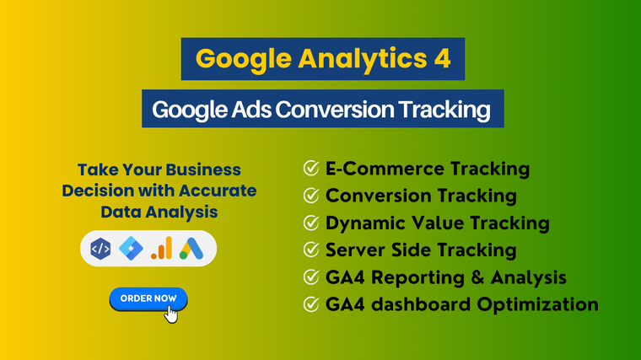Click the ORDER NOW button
148,298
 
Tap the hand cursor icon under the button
171,314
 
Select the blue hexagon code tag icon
100,249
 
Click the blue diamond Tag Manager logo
131,249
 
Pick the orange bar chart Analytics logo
161,248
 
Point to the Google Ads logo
191,249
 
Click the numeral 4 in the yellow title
442,58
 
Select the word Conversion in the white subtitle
335,110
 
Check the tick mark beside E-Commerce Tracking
311,168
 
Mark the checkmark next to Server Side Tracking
311,250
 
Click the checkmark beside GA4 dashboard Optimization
311,304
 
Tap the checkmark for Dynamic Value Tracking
311,223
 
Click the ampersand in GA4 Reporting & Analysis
477,277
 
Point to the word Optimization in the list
537,305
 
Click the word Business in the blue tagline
203,170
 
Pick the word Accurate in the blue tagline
218,191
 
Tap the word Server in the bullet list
355,250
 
